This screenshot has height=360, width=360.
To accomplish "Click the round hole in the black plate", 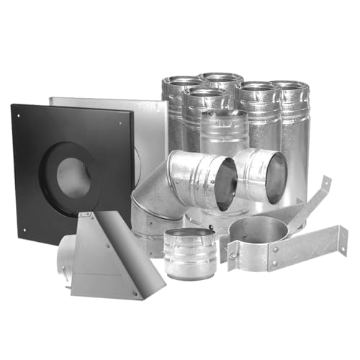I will point(73,176).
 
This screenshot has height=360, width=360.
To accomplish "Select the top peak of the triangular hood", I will point(89,215).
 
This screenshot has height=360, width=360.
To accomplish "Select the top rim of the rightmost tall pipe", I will point(291,86).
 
